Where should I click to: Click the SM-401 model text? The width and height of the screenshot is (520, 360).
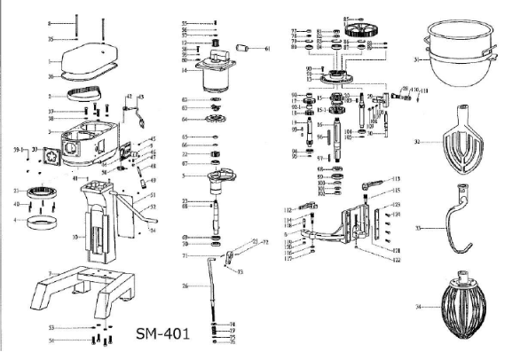click(169, 335)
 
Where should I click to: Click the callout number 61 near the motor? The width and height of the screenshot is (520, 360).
click(266, 49)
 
